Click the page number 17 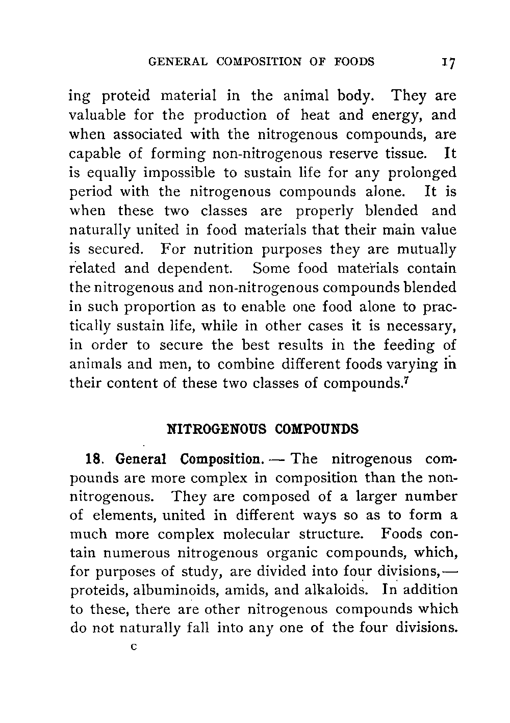tap(449, 63)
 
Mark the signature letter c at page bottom tap(134, 648)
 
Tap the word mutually tap(426, 249)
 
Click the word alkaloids tap(334, 590)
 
